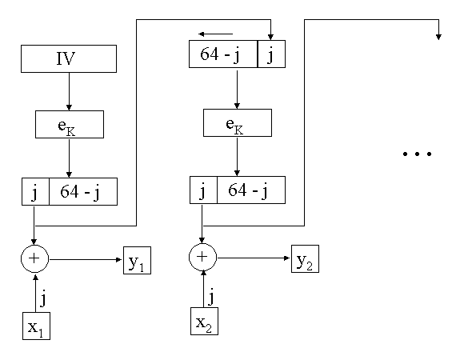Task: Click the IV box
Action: pyautogui.click(x=69, y=58)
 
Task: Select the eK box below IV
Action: pyautogui.click(x=70, y=124)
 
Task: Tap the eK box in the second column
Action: pyautogui.click(x=238, y=122)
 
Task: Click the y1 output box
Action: pyautogui.click(x=137, y=260)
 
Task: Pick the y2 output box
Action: pyautogui.click(x=305, y=259)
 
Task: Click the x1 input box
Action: pyautogui.click(x=36, y=326)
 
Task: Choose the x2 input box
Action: pyautogui.click(x=204, y=322)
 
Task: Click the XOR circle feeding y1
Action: pyautogui.click(x=34, y=258)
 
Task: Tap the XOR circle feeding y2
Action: pyautogui.click(x=202, y=257)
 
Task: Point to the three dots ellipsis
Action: pyautogui.click(x=417, y=154)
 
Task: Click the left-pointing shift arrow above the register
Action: pyautogui.click(x=215, y=34)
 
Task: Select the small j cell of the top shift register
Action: pyautogui.click(x=271, y=54)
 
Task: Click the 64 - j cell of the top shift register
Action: pyautogui.click(x=223, y=54)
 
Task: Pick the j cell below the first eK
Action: pyautogui.click(x=35, y=191)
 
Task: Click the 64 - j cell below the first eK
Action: pyautogui.click(x=83, y=191)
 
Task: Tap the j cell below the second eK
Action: pyautogui.click(x=203, y=190)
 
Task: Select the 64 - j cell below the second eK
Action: pyautogui.click(x=251, y=190)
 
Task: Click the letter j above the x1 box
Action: pyautogui.click(x=43, y=298)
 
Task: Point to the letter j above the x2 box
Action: pyautogui.click(x=211, y=296)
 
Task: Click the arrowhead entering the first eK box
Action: pyautogui.click(x=69, y=107)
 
